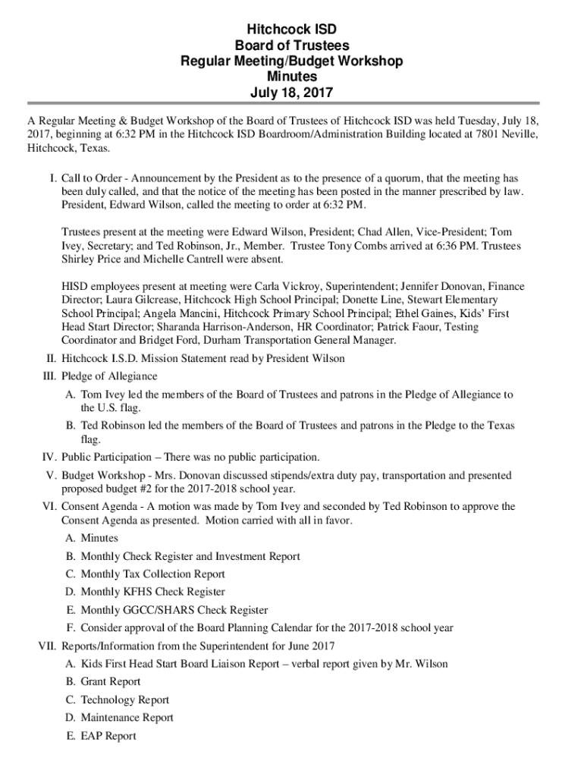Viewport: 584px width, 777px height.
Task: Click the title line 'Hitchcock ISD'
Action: [292, 30]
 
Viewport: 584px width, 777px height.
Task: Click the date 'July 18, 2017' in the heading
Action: [292, 93]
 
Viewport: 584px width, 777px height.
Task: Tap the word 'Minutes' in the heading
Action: [292, 77]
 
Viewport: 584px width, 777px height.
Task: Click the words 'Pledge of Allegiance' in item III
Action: [109, 376]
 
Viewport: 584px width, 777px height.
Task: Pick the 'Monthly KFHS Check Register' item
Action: [152, 592]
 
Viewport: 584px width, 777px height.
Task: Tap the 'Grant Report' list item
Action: [110, 682]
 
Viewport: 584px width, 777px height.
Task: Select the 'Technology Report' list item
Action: [124, 700]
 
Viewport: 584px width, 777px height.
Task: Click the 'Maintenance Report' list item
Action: [127, 718]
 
